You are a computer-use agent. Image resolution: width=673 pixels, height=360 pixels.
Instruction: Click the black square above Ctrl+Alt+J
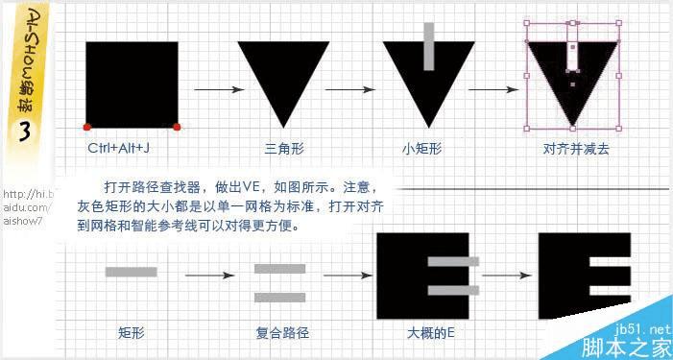pos(132,84)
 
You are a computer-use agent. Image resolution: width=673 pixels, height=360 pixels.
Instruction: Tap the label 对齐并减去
pos(574,148)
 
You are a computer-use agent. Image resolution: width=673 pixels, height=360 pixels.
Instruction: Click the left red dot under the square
pos(86,127)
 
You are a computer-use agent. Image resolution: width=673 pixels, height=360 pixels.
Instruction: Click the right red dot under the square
pos(178,127)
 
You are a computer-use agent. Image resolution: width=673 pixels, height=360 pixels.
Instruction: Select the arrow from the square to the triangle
pos(216,90)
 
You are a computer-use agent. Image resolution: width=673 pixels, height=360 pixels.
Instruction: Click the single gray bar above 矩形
pos(131,272)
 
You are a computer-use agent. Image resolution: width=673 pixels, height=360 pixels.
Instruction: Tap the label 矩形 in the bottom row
pos(131,334)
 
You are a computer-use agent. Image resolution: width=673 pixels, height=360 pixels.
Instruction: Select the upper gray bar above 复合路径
pos(279,269)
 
